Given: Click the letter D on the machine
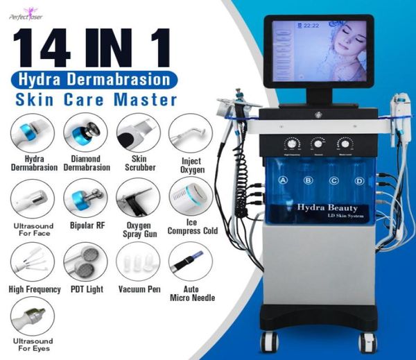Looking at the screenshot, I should (x=359, y=180).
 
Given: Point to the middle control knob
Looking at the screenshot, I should (x=318, y=144).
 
